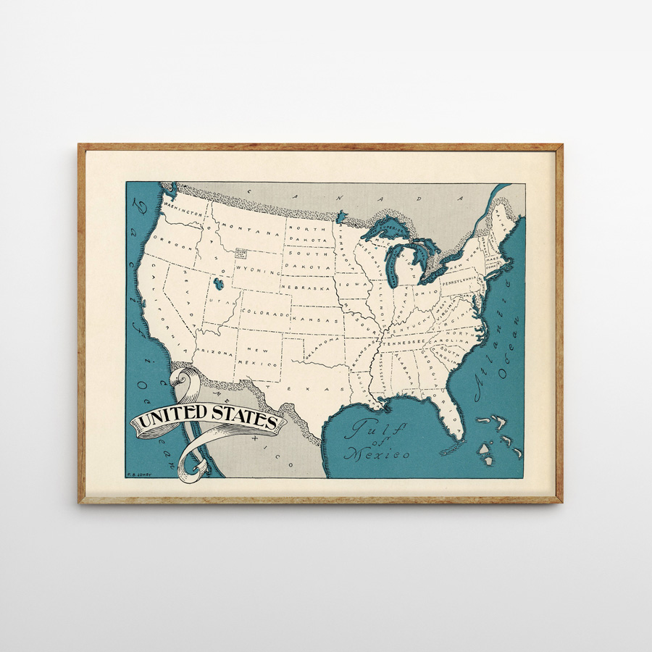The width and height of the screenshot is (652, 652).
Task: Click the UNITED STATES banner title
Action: click(207, 419)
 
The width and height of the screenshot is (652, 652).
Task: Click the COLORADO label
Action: click(264, 313)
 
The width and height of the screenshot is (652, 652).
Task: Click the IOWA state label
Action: click(356, 285)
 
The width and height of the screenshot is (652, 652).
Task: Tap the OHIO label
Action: click(425, 293)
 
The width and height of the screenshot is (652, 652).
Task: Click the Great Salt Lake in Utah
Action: click(218, 283)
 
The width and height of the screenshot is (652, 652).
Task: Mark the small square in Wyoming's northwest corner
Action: click(241, 254)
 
